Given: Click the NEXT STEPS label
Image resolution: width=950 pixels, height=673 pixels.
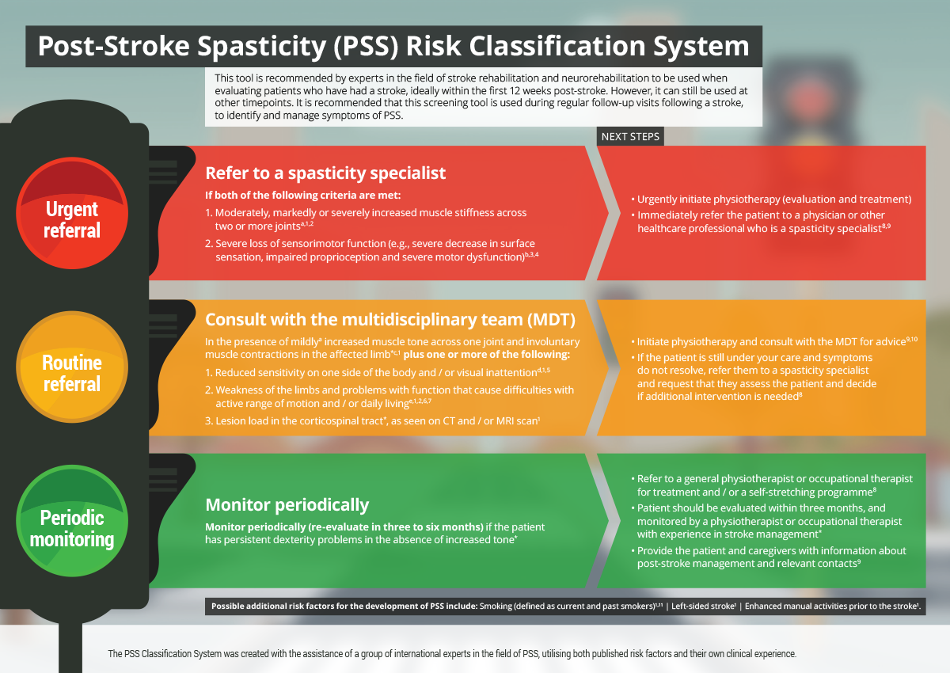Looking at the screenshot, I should [630, 136].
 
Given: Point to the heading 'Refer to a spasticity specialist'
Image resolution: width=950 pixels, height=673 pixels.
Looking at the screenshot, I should [325, 173].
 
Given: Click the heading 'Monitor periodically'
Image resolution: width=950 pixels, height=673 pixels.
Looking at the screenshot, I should [287, 504].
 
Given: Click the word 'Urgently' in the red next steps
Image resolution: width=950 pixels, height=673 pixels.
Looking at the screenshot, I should [660, 200].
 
